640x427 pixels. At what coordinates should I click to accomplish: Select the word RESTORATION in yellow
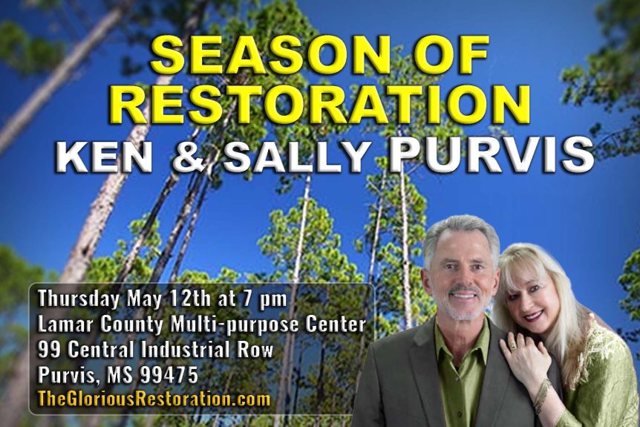(319, 104)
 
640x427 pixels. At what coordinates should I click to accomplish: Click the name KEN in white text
(105, 157)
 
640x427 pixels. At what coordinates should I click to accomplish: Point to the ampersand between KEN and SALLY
(189, 157)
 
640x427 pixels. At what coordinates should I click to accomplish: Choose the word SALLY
(295, 157)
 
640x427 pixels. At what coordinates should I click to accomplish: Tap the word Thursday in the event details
(79, 299)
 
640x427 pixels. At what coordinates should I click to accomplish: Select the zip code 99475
(169, 375)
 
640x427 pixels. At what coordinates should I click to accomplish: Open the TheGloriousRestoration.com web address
(154, 400)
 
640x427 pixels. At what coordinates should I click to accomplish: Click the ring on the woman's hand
(513, 347)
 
